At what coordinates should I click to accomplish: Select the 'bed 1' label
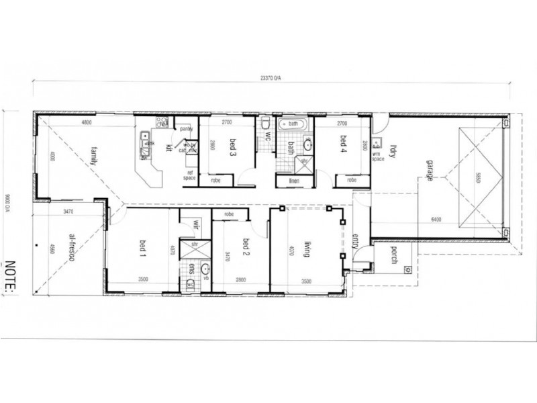click(142, 249)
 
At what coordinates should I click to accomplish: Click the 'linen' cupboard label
click(293, 181)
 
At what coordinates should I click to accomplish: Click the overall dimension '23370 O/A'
click(272, 77)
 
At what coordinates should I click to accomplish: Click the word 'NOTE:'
click(11, 275)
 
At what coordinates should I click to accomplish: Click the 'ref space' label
click(190, 175)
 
